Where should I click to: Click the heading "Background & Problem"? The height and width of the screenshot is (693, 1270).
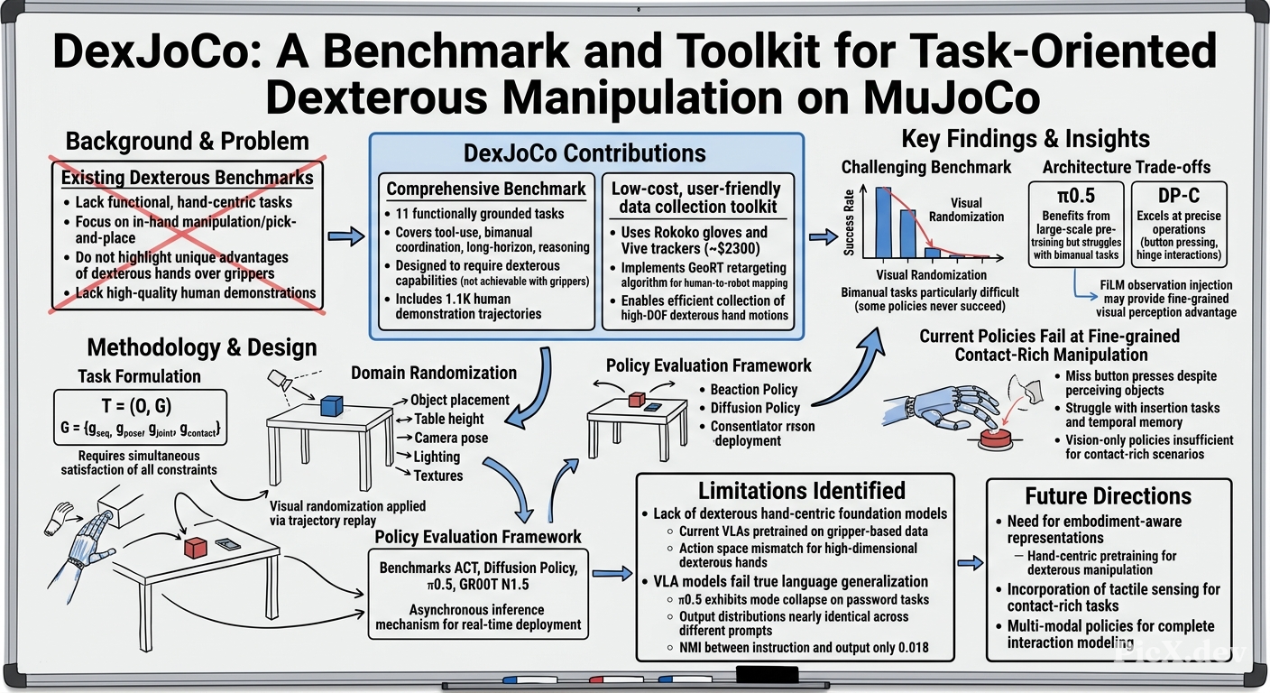click(187, 141)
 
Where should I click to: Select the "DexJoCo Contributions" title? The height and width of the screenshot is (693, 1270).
click(584, 153)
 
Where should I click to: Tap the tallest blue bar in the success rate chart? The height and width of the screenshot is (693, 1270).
click(883, 223)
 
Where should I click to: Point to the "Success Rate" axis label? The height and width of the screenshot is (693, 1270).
click(849, 222)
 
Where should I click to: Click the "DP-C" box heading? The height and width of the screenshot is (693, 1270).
click(1179, 196)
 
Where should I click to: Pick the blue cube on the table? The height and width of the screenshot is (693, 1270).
click(332, 406)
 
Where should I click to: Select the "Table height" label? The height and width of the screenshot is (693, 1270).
click(449, 419)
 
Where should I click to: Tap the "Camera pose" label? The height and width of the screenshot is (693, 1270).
click(451, 438)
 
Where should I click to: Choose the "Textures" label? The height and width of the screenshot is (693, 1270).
click(438, 476)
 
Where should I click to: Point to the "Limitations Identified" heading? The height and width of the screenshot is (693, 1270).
click(802, 491)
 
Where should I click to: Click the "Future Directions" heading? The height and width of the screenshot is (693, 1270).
click(1109, 496)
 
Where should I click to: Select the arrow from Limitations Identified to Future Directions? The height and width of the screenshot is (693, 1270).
click(970, 563)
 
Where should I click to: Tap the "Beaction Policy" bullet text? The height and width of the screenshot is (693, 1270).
click(754, 390)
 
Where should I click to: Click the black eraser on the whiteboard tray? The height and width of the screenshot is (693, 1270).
click(767, 675)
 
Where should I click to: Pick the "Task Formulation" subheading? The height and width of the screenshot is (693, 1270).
click(139, 376)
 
